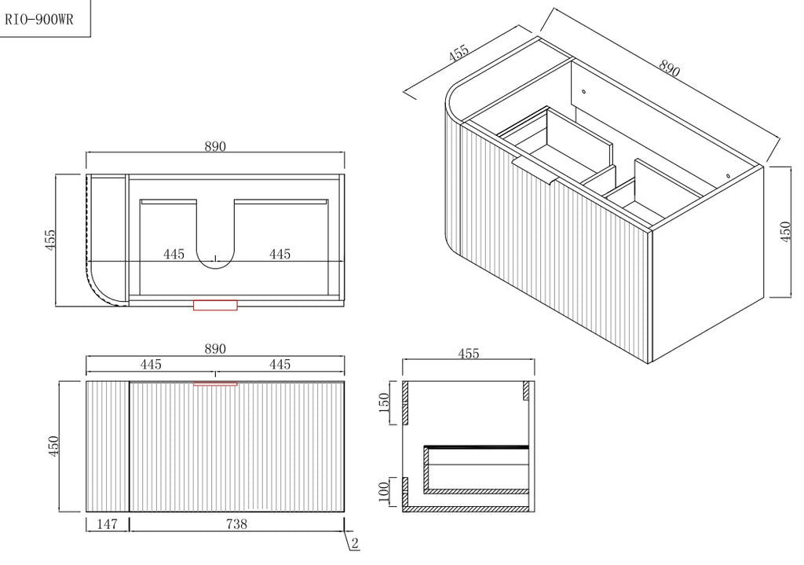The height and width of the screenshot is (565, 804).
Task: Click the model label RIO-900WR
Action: [39, 20]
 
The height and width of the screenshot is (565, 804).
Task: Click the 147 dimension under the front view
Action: [107, 524]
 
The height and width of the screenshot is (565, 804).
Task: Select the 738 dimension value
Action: [236, 524]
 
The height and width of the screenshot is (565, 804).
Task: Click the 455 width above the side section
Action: [469, 354]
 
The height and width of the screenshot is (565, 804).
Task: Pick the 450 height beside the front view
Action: [53, 446]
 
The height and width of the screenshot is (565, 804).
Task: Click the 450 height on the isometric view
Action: [785, 232]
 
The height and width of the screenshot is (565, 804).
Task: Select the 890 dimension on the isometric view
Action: [670, 68]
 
